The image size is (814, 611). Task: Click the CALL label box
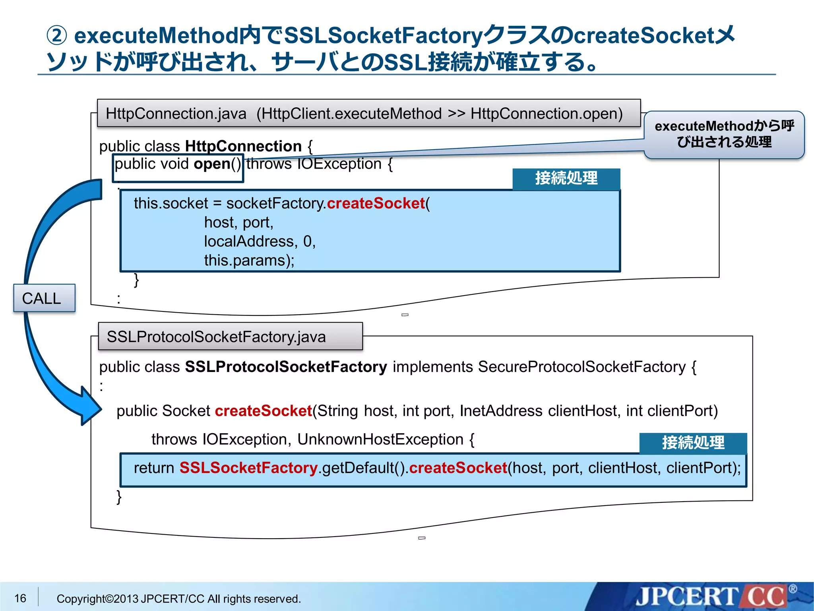click(x=44, y=298)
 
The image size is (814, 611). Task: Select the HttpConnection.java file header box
click(x=368, y=114)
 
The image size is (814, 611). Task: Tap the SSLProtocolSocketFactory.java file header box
click(x=230, y=337)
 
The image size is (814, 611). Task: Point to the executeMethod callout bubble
click(x=724, y=134)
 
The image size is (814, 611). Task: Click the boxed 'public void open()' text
click(x=178, y=164)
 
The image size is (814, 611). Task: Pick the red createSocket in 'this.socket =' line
click(x=376, y=203)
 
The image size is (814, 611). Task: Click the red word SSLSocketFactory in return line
click(x=248, y=468)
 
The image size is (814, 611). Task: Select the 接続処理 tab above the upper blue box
click(x=566, y=178)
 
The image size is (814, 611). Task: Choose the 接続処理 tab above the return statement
click(x=693, y=443)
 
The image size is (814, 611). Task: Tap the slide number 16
click(x=20, y=598)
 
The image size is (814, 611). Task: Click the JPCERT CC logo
click(x=711, y=597)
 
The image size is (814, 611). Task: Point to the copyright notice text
click(x=178, y=599)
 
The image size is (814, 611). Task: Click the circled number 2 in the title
click(x=57, y=35)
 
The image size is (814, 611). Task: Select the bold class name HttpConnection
click(x=243, y=146)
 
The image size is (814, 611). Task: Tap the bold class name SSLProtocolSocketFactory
click(x=286, y=367)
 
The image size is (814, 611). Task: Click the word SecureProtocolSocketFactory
click(x=581, y=367)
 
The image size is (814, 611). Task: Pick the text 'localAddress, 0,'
click(x=260, y=241)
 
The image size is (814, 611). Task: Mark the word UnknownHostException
click(x=380, y=440)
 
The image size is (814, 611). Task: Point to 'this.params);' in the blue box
click(x=249, y=261)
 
